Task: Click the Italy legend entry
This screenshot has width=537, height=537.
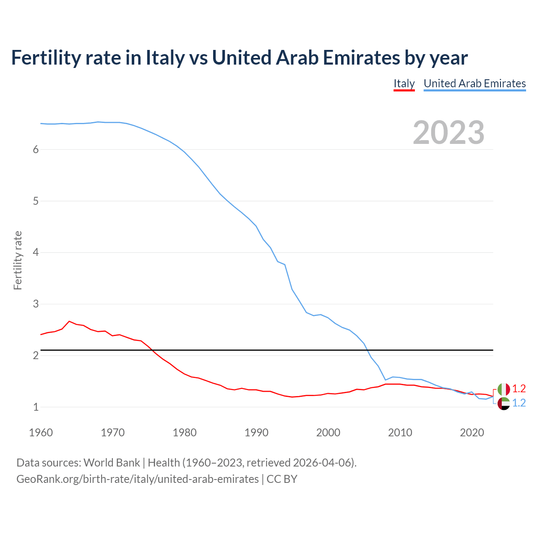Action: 404,83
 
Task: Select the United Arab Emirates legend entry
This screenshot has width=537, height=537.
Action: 474,83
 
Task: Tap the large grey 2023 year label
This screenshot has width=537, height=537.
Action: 448,133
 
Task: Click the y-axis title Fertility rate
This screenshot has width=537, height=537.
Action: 18,260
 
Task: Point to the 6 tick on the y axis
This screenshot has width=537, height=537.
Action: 36,150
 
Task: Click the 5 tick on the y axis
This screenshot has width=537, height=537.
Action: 36,201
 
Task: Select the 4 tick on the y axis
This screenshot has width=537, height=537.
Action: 36,253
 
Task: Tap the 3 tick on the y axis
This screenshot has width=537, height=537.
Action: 36,304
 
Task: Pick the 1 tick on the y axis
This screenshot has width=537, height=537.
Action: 36,407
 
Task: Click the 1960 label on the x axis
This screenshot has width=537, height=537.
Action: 41,433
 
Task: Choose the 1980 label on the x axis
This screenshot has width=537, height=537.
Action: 185,433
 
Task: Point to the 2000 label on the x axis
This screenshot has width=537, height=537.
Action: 328,433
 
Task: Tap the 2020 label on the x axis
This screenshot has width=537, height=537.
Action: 472,433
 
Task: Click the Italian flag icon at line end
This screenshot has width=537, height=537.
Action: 503,389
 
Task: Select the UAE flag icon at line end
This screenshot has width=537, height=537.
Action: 503,404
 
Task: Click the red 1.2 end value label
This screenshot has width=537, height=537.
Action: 519,388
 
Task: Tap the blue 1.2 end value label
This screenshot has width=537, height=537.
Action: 519,403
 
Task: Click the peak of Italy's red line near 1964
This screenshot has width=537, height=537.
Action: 69,321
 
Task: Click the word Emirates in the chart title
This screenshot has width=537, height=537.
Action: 359,58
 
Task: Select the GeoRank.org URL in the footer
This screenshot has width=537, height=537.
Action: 138,479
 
